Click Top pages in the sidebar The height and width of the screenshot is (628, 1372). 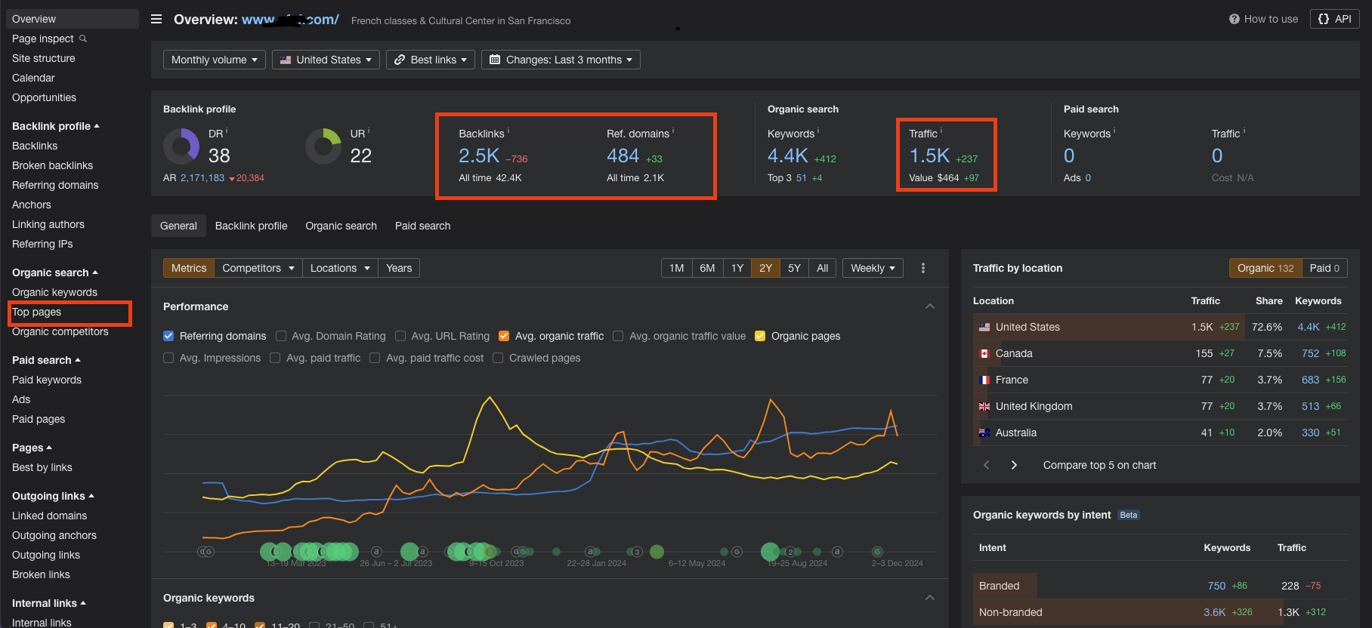tap(37, 312)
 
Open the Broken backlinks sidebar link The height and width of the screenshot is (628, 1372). tap(52, 165)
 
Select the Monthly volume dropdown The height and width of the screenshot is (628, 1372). tap(215, 60)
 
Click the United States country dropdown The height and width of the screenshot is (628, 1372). tap(326, 60)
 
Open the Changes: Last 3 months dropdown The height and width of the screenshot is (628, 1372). tap(561, 60)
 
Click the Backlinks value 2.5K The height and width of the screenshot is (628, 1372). tap(479, 155)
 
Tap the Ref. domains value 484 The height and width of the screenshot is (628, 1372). tap(623, 155)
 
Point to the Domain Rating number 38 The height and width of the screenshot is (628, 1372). tap(219, 155)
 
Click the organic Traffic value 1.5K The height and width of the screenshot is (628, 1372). tap(929, 155)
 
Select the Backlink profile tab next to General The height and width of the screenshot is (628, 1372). tap(251, 226)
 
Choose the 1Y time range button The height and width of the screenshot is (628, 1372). tap(737, 268)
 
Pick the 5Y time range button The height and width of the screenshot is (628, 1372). tap(794, 268)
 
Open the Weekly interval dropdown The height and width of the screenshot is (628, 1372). tap(873, 268)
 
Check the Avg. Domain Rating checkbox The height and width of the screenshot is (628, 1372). tap(281, 336)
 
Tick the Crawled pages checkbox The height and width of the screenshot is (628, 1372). tap(498, 358)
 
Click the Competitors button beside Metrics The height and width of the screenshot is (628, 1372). tap(258, 268)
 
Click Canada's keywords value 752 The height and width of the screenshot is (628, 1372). tap(1310, 353)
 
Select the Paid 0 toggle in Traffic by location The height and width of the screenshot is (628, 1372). tap(1324, 268)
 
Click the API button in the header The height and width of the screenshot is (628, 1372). tap(1335, 19)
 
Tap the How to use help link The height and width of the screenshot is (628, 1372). tap(1263, 19)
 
